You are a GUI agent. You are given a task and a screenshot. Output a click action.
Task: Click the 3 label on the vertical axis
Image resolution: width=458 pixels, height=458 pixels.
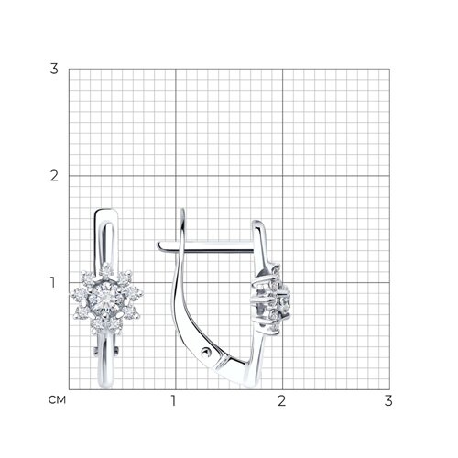click(x=54, y=69)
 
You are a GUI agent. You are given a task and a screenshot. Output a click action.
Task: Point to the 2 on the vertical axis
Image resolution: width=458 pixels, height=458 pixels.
click(x=54, y=176)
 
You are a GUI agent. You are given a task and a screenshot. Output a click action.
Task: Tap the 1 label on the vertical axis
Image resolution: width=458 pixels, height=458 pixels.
click(x=53, y=282)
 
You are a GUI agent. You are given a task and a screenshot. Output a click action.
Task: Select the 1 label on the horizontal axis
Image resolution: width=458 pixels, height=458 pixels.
click(x=174, y=400)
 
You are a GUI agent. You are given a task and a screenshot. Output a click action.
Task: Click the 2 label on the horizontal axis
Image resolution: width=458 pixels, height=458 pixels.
click(x=281, y=400)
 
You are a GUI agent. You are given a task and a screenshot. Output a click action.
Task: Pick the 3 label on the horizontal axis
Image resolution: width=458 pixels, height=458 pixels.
click(x=388, y=400)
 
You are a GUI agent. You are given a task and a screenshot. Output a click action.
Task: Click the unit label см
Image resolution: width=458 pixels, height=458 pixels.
click(x=57, y=399)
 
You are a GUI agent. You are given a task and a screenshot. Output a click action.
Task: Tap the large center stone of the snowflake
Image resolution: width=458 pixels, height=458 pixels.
click(x=105, y=297)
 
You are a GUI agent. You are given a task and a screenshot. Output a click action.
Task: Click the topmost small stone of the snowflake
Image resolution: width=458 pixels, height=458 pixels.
click(x=106, y=270)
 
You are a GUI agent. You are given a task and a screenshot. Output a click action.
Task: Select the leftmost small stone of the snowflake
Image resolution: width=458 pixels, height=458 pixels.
click(x=78, y=294)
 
